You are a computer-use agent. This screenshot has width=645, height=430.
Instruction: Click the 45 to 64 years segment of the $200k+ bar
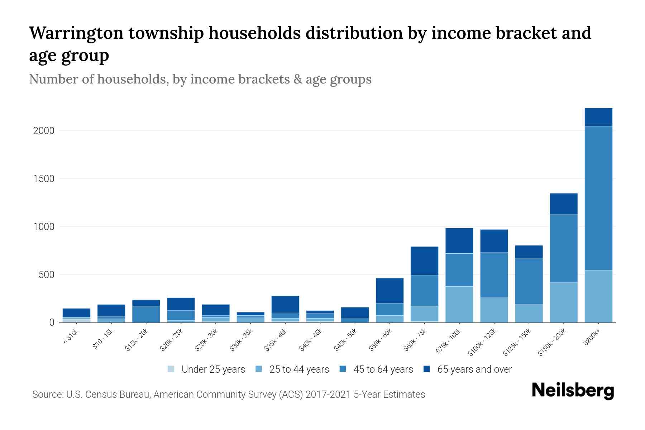[x=598, y=198]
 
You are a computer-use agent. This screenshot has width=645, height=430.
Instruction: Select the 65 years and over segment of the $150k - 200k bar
[x=564, y=204]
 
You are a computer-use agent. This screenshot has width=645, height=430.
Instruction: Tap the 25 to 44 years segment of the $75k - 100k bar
[x=459, y=304]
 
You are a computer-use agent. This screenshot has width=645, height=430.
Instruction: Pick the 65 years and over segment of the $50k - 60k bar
[x=390, y=291]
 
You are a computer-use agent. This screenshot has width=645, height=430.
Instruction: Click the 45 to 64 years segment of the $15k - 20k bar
[x=146, y=314]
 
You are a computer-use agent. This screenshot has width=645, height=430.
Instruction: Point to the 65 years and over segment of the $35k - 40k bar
[x=285, y=304]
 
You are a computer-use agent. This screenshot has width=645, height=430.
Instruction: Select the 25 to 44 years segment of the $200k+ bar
[x=598, y=296]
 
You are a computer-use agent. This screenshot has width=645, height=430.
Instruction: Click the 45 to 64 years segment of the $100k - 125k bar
[x=494, y=275]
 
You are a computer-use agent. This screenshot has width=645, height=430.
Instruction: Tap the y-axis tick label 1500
[x=44, y=179]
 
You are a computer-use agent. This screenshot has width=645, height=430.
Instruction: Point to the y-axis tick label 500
[x=47, y=275]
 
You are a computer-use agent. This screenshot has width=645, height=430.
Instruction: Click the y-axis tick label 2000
[x=44, y=131]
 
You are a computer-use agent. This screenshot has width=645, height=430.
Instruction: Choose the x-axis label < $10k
[x=71, y=336]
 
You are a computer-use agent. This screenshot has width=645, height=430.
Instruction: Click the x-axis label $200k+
[x=592, y=338]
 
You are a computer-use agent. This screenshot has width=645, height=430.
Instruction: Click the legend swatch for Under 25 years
[x=171, y=369]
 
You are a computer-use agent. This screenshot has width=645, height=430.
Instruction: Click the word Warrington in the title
[x=76, y=33]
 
